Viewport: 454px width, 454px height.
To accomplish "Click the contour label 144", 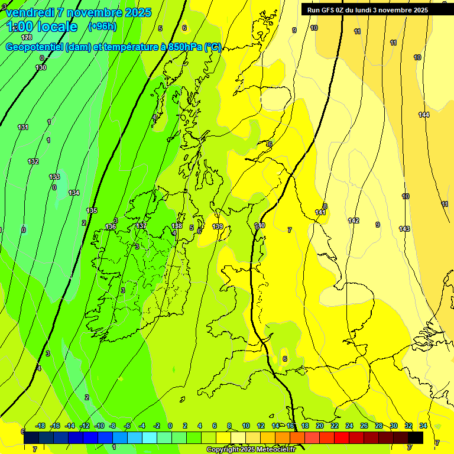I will (x=424, y=115).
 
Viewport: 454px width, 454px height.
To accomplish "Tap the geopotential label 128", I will (x=27, y=37).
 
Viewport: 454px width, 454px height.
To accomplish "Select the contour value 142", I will (x=354, y=220).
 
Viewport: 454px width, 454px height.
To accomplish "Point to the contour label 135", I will (x=92, y=210).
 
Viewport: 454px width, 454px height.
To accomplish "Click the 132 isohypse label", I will (x=33, y=161).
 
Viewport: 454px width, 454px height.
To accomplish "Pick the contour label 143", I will (x=404, y=229).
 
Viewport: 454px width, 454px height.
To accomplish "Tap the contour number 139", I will (x=218, y=226).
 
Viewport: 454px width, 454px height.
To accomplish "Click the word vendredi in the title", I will (x=31, y=12).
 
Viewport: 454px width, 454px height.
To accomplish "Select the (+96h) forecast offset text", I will (x=102, y=26).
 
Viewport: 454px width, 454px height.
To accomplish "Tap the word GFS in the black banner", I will (x=329, y=9).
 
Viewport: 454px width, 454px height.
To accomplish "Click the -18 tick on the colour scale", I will (x=40, y=426).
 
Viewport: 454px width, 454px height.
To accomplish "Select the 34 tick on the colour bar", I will (x=423, y=426).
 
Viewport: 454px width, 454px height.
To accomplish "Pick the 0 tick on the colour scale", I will (x=170, y=426).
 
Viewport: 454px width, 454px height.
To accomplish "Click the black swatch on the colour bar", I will (x=416, y=438).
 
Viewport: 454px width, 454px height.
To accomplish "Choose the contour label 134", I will (x=74, y=193).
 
